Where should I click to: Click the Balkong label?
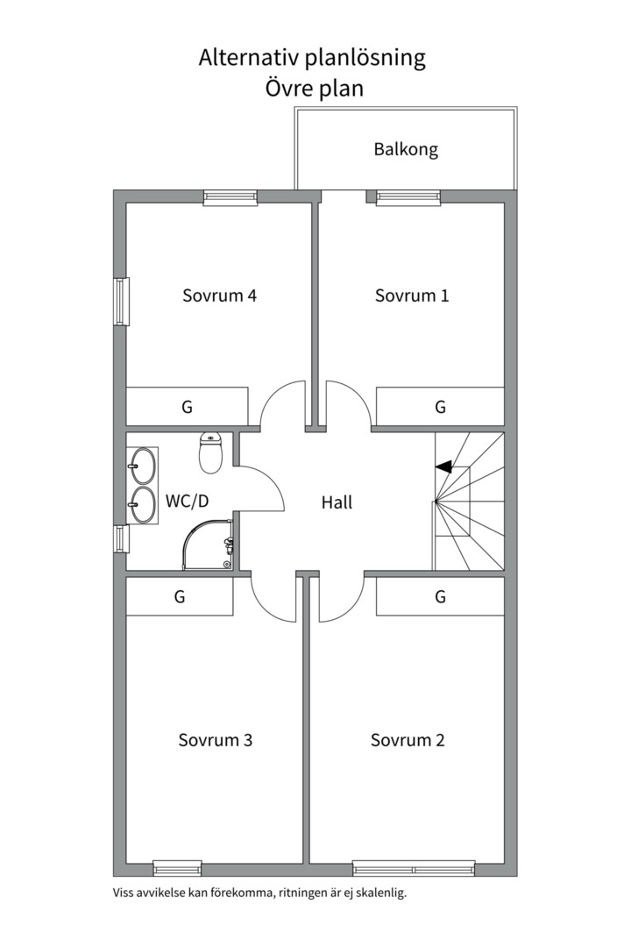pos(406,149)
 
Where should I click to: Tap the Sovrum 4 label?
pos(219,295)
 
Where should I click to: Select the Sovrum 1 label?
pos(412,295)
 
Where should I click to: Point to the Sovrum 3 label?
pos(216,740)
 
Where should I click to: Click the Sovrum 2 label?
pos(408,740)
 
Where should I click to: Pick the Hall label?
pos(337,502)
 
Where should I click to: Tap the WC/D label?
pos(187,502)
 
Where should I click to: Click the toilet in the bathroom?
pos(211,452)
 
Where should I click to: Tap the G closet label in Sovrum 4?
pos(187,407)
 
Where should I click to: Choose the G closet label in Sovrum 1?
pos(440,407)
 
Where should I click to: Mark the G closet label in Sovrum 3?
pos(180,597)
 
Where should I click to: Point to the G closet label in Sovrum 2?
pos(440,597)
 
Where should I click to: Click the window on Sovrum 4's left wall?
pos(121,302)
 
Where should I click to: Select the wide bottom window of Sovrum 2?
pos(414,869)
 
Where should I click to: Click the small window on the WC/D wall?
pos(121,538)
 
